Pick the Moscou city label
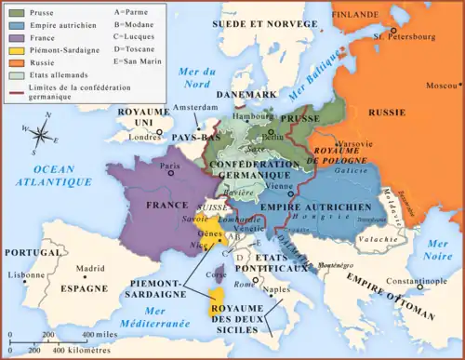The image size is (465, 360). click(438, 86)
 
